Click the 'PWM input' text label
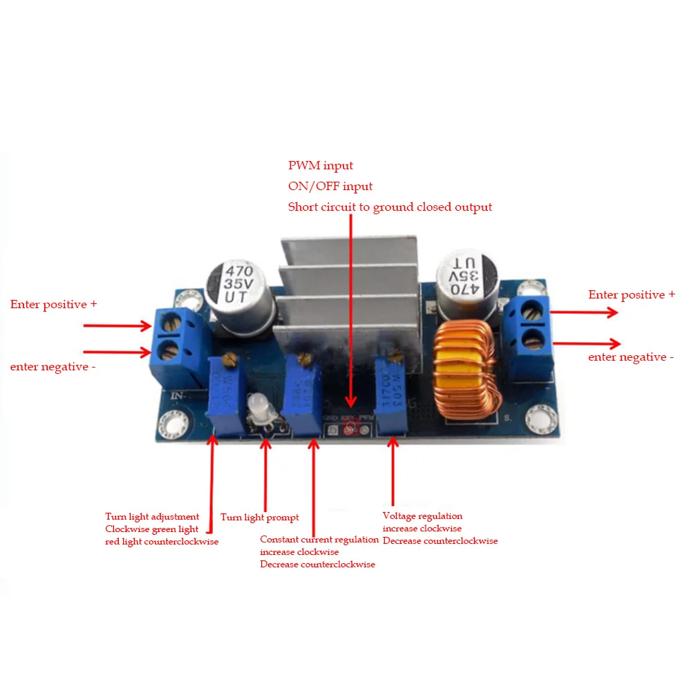click(x=321, y=166)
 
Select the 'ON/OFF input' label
click(x=330, y=187)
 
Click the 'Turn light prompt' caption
click(x=260, y=518)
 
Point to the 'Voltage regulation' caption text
click(x=422, y=516)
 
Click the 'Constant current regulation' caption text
click(x=319, y=540)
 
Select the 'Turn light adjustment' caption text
click(x=152, y=517)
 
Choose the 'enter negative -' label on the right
click(x=631, y=357)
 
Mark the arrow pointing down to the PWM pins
click(x=350, y=311)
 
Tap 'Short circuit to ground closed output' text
click(x=390, y=207)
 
